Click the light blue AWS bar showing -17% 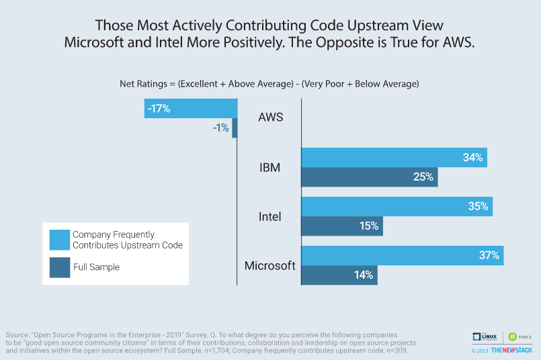click(191, 108)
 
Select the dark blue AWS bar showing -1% click(235, 128)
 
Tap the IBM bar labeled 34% click(394, 158)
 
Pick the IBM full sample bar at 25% click(369, 177)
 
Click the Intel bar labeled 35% click(397, 206)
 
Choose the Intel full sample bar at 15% click(342, 226)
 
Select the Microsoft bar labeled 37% click(402, 255)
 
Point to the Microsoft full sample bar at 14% click(339, 275)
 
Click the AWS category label click(271, 118)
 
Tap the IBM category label click(270, 167)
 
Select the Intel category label click(270, 216)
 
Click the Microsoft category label click(270, 265)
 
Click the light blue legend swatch click(58, 240)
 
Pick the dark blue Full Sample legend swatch click(58, 267)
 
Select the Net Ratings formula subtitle click(269, 84)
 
